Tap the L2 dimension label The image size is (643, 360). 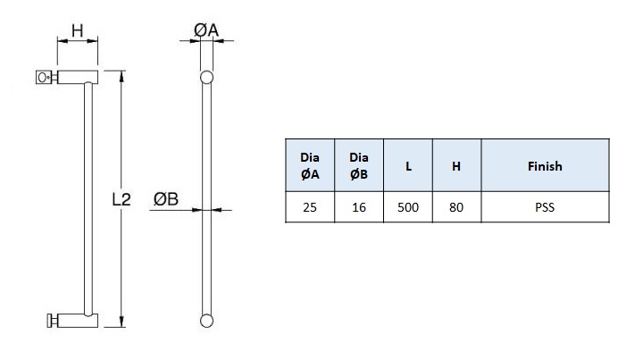(x=121, y=201)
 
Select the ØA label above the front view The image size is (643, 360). (x=206, y=31)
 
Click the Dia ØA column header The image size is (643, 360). (x=309, y=166)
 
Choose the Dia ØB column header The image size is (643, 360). (x=358, y=166)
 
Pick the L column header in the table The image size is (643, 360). (x=407, y=166)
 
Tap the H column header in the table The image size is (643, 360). (x=456, y=166)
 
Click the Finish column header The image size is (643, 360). (x=545, y=166)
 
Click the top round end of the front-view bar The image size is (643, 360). (x=207, y=77)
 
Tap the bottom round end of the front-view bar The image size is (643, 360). (x=207, y=320)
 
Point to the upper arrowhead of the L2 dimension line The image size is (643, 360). (x=121, y=76)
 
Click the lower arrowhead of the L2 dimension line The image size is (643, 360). (x=121, y=323)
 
